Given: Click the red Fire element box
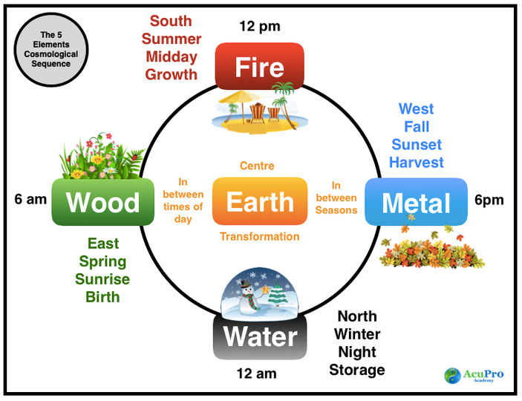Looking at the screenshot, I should click(259, 66).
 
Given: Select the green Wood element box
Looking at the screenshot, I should click(97, 202).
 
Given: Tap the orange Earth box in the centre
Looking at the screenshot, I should click(259, 201).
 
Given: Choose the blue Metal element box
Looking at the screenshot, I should click(416, 202).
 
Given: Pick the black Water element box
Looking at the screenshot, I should click(260, 337).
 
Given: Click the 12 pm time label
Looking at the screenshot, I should click(259, 27).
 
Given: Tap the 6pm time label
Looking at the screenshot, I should click(490, 200).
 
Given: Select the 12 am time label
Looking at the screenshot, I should click(256, 374).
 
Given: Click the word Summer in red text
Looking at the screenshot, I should click(171, 39).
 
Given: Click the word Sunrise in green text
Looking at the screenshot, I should click(102, 280).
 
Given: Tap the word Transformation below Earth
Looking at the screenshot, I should click(259, 237).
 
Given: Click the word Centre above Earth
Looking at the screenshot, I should click(258, 166).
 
